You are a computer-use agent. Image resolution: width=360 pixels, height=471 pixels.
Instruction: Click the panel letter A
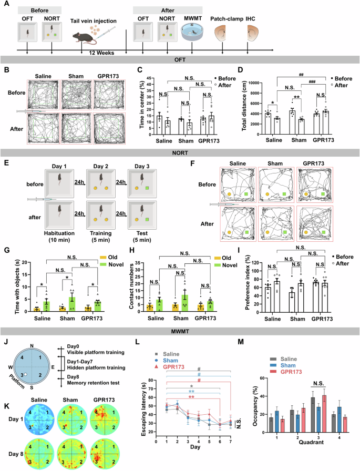(5, 4)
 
